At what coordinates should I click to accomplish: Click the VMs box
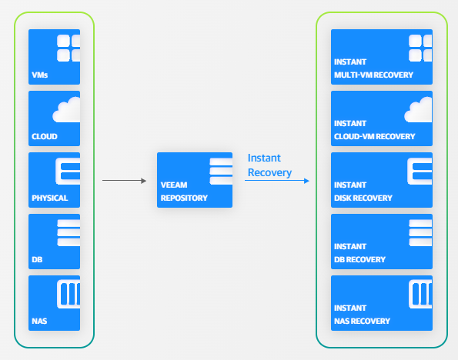[x=55, y=57]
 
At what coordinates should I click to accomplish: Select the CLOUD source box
[x=55, y=118]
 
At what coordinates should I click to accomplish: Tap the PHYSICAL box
[x=55, y=180]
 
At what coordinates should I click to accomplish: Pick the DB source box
[x=55, y=242]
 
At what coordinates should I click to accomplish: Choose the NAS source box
[x=55, y=303]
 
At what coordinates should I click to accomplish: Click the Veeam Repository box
[x=195, y=180]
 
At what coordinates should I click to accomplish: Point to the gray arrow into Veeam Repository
[x=124, y=181]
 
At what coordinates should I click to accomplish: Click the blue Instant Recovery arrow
[x=277, y=181]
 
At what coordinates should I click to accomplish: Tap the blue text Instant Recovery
[x=269, y=165]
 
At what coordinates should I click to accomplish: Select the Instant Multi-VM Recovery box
[x=382, y=57]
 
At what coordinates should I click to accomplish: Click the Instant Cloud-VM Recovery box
[x=382, y=118]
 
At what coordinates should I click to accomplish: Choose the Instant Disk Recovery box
[x=382, y=180]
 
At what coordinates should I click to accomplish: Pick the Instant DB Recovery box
[x=382, y=242]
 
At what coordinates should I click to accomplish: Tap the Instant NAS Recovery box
[x=382, y=303]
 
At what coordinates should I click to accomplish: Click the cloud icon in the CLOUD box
[x=66, y=110]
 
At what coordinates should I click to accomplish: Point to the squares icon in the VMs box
[x=69, y=48]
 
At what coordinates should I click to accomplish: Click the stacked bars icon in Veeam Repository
[x=221, y=172]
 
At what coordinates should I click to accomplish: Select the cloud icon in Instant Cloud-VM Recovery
[x=418, y=110]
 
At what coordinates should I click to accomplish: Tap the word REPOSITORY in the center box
[x=184, y=198]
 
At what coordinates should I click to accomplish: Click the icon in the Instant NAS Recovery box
[x=420, y=295]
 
